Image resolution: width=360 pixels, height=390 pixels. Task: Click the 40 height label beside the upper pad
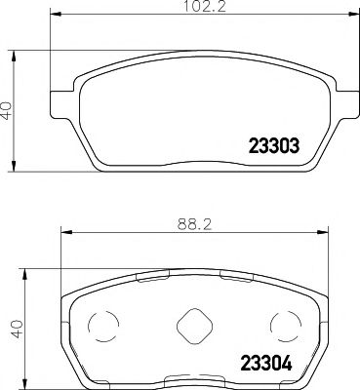[x=8, y=108]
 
